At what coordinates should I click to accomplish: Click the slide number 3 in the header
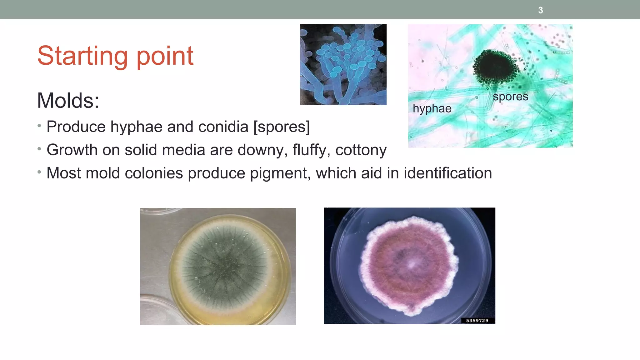540,10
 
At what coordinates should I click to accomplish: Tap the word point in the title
165,56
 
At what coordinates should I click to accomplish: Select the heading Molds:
68,101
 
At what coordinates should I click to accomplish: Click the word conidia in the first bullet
223,127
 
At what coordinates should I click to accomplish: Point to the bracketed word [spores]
282,127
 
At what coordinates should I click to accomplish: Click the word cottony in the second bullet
361,150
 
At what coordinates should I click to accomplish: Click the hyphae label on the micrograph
432,108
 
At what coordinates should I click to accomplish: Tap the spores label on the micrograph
510,97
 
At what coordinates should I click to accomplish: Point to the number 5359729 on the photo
477,320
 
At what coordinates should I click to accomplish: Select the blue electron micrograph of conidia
343,64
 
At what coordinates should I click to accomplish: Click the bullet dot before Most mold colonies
39,172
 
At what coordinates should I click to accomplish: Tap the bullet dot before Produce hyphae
39,126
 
